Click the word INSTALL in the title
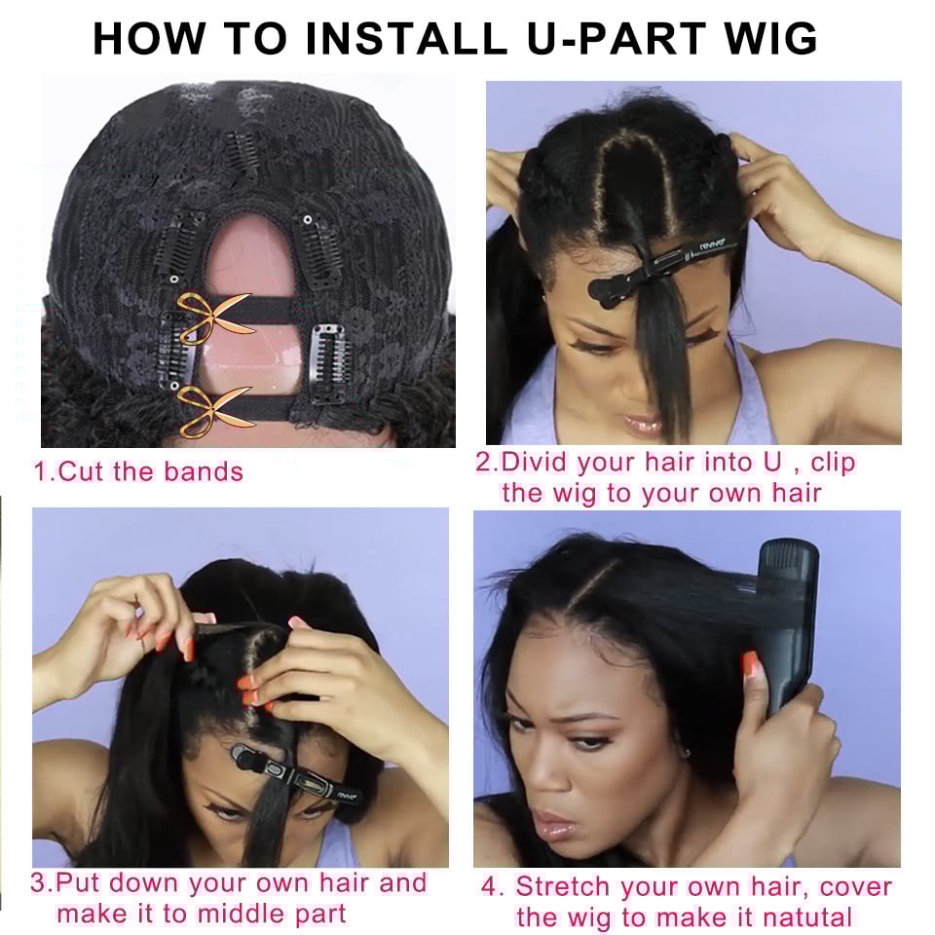pyautogui.click(x=406, y=38)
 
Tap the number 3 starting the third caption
pyautogui.click(x=38, y=885)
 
